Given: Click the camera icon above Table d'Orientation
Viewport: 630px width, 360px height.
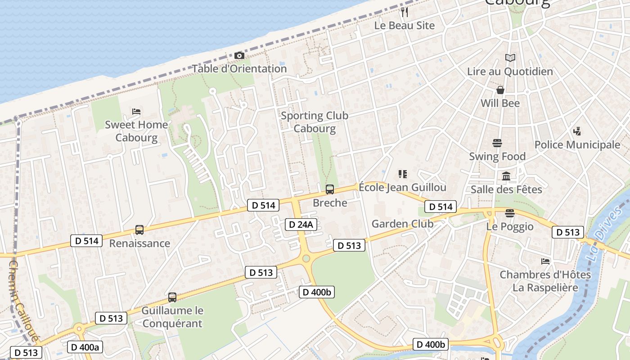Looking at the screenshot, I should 239,56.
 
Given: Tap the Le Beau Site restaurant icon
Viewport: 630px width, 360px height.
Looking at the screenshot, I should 405,12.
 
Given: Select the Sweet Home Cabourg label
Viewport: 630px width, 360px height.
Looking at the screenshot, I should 136,131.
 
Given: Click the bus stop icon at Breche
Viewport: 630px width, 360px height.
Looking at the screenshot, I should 330,189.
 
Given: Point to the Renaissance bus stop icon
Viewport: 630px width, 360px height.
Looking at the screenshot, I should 139,230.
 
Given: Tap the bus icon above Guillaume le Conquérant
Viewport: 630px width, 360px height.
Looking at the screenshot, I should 172,297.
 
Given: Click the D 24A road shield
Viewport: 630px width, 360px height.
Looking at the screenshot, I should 301,225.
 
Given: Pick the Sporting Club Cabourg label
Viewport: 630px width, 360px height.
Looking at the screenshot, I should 315,122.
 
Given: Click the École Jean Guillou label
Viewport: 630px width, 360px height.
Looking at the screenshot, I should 402,187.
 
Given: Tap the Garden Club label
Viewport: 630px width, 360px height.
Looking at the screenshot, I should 402,224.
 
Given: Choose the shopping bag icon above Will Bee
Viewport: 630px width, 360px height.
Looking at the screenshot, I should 500,90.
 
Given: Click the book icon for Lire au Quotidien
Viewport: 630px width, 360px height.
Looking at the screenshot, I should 510,58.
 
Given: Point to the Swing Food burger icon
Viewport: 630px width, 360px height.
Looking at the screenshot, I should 497,144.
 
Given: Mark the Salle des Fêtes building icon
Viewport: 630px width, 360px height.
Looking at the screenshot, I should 506,176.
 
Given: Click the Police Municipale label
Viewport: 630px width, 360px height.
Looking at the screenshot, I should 577,145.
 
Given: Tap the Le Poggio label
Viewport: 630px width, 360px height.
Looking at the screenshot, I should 510,226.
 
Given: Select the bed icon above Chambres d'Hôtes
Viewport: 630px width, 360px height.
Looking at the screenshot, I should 545,261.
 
